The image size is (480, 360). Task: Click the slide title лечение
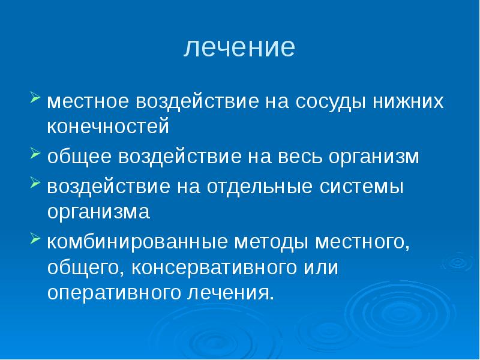click(x=239, y=47)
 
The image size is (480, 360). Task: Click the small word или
click(x=323, y=268)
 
